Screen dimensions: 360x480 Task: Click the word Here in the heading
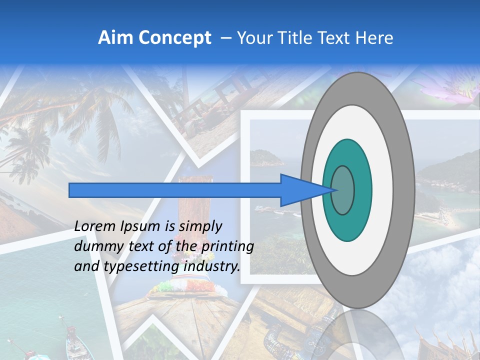tap(374, 38)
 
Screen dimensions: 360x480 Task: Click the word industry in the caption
tap(211, 266)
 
